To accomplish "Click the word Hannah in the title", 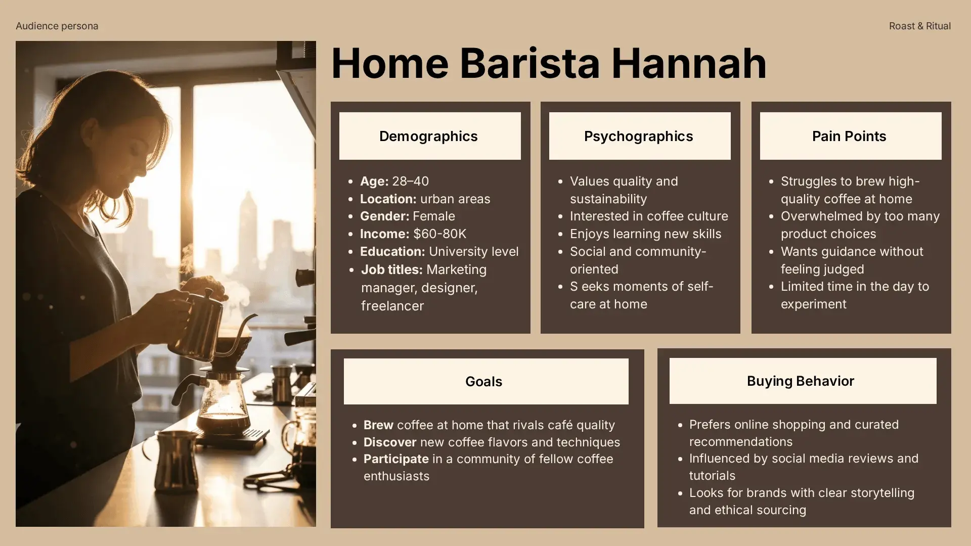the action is (x=689, y=63).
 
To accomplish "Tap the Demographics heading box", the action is (x=430, y=136).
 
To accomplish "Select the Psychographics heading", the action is (x=638, y=136).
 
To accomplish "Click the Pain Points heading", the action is (x=849, y=136).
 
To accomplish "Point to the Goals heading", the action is (x=483, y=382).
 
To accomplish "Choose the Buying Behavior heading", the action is (x=801, y=381).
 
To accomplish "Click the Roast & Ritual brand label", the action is (x=920, y=26).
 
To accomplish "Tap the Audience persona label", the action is (x=57, y=26).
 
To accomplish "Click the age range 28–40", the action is (x=411, y=181).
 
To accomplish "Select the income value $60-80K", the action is (x=439, y=234).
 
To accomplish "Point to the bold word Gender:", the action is (x=384, y=216).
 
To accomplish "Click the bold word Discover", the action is (x=390, y=442).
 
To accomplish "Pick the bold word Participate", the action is (x=396, y=459).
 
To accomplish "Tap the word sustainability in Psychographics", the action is (x=608, y=199).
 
